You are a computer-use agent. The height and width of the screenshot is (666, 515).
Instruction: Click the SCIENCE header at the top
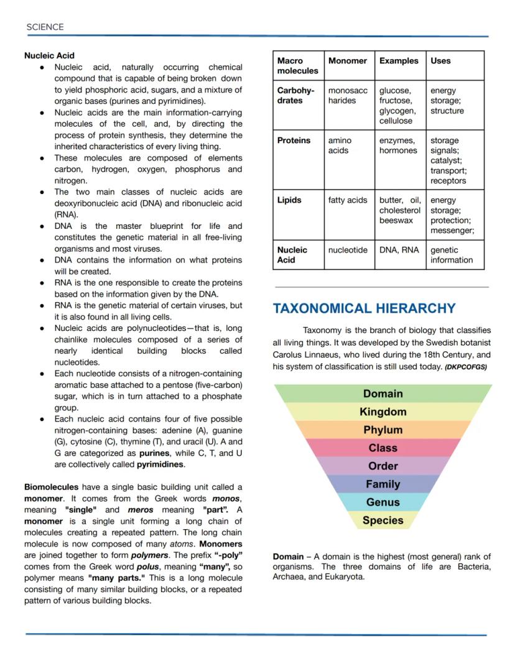tap(45, 27)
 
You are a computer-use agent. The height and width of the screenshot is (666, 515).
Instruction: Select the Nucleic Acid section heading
tap(49, 55)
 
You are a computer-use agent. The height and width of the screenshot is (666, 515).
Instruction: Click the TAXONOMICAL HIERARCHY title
tap(364, 308)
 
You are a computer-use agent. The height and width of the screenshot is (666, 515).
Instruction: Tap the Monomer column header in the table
tap(347, 61)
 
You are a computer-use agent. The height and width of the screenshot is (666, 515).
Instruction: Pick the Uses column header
tap(440, 61)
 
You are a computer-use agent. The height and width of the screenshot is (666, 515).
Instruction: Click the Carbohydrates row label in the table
tap(295, 95)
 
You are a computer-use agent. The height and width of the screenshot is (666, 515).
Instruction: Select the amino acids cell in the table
tap(339, 145)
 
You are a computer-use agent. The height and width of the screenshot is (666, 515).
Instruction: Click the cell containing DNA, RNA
tap(399, 250)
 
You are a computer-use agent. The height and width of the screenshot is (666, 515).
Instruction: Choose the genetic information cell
tap(452, 255)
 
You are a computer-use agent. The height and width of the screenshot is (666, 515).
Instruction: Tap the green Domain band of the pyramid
tap(383, 394)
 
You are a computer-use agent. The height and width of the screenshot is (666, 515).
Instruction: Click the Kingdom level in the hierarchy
tap(383, 412)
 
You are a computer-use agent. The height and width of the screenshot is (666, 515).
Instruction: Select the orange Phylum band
tap(383, 430)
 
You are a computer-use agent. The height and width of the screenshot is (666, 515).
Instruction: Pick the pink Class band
tap(383, 448)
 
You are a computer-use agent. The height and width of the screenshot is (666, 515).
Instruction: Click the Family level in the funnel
tap(383, 484)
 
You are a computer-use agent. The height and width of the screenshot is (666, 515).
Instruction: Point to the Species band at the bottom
tap(383, 520)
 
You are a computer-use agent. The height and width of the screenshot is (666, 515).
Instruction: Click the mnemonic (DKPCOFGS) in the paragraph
tap(465, 367)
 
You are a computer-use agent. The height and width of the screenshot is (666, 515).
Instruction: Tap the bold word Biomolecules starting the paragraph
tap(51, 487)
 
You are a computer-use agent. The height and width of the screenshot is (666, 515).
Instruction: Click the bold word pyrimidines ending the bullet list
tap(160, 465)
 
